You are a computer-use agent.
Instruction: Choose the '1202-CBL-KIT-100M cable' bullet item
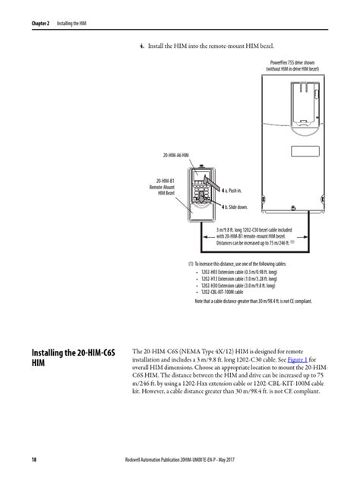[226, 292]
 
